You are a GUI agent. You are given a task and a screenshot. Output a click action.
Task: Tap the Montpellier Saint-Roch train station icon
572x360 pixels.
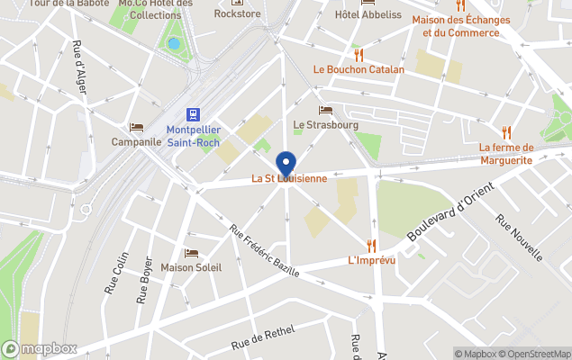coord(192,113)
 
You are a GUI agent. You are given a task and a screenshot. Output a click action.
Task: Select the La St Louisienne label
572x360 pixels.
coord(288,179)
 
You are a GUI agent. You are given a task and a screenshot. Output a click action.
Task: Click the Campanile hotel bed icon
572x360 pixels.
coord(136,127)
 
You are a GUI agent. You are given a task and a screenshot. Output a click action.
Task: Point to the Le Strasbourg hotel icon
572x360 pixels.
coord(325,110)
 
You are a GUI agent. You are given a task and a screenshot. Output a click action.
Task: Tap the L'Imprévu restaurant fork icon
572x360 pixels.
coord(371,245)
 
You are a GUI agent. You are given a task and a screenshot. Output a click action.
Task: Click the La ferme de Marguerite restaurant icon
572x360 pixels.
coord(505,131)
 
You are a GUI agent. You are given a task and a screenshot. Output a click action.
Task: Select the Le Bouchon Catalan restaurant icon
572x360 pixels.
coord(358,53)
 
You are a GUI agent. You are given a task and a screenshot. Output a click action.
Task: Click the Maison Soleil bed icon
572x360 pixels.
coord(190,253)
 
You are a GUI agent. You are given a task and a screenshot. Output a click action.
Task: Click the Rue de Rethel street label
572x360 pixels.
coord(263,338)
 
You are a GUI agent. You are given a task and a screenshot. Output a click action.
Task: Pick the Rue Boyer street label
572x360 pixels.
coord(142,279)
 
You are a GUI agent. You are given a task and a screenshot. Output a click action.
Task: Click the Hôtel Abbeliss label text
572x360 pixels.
coord(368,13)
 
